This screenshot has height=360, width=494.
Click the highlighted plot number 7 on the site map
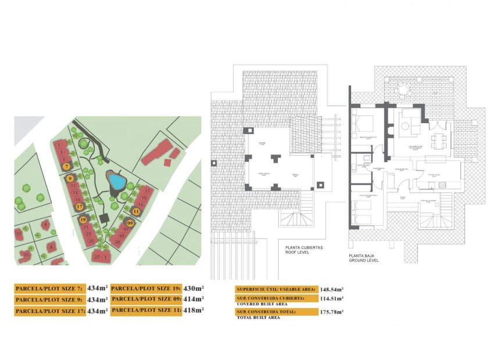pos(67,166)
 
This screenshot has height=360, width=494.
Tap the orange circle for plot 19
pos(83,219)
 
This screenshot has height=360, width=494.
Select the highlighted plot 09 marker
pos(130,222)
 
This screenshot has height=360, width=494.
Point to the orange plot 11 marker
pos(137,211)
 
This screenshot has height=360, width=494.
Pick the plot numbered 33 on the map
pos(19,233)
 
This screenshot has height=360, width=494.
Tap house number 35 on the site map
pos(26,254)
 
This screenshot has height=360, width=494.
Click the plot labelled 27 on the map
pos(96,257)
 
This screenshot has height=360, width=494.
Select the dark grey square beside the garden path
pos(104,218)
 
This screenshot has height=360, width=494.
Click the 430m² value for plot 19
pos(194,288)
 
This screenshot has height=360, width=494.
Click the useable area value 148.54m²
pos(331,289)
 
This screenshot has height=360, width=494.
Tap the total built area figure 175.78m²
pos(331,312)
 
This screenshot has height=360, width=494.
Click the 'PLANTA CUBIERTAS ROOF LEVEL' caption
pos(304,250)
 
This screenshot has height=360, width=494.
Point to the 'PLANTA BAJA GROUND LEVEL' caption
pos(364,258)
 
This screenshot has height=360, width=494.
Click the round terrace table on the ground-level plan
pos(402,89)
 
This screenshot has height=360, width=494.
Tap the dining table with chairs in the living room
pos(441,140)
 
